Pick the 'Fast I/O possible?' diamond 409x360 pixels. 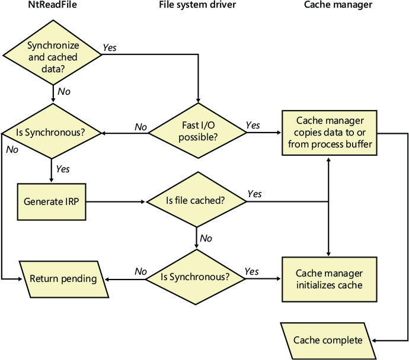coord(197,131)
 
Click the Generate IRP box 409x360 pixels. coord(51,201)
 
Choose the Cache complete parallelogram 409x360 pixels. coord(328,340)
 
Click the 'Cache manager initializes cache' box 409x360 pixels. coord(329,279)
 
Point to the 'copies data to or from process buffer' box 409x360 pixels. coord(329,133)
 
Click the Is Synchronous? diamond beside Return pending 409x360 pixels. coord(197,277)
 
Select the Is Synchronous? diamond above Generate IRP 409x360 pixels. coord(53,131)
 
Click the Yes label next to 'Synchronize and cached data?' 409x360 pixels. coord(110,47)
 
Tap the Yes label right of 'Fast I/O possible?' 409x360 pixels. coord(253,125)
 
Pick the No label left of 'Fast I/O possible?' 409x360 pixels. coord(140,127)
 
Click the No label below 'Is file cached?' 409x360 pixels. coord(206,238)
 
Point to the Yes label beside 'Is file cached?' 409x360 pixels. coord(254,194)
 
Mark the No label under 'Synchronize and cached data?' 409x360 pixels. coord(63,92)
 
